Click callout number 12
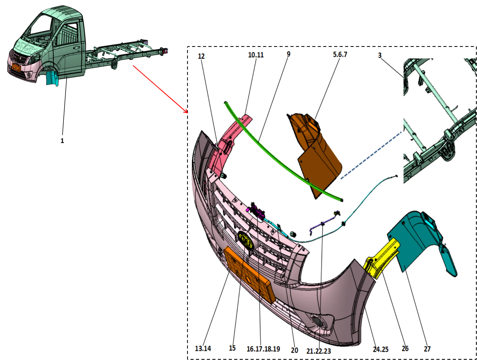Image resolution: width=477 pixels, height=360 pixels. pyautogui.click(x=201, y=56)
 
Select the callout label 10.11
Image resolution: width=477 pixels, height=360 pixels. pyautogui.click(x=256, y=55)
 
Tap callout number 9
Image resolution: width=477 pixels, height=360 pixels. pyautogui.click(x=288, y=54)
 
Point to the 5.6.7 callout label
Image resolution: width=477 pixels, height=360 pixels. pyautogui.click(x=340, y=54)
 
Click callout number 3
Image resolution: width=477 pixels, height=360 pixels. pyautogui.click(x=380, y=55)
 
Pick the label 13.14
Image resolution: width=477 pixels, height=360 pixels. pyautogui.click(x=203, y=348)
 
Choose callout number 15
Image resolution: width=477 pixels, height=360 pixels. pyautogui.click(x=232, y=348)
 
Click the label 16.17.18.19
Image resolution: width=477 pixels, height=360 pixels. pyautogui.click(x=263, y=349)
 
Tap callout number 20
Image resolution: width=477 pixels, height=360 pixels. pyautogui.click(x=294, y=350)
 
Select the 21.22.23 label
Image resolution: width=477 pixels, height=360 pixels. pyautogui.click(x=319, y=351)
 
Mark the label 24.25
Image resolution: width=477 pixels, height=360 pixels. pyautogui.click(x=380, y=349)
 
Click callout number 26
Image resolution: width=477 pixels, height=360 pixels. pyautogui.click(x=405, y=349)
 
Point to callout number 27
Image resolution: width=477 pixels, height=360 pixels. pyautogui.click(x=427, y=349)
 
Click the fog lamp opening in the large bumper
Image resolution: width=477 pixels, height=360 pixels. pyautogui.click(x=318, y=322)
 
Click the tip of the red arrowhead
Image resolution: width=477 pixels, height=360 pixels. pyautogui.click(x=187, y=114)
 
